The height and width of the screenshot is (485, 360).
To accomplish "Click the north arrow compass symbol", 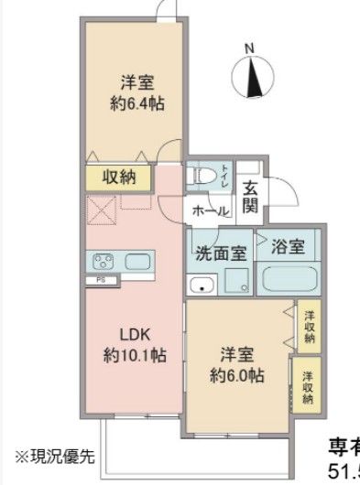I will [x=256, y=75].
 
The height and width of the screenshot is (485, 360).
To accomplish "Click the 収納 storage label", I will [x=120, y=178].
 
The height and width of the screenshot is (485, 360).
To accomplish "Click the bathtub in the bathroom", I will [x=288, y=279].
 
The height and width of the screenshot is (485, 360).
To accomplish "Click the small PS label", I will [x=102, y=279].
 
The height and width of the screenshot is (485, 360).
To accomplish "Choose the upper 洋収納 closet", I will [x=310, y=327].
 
